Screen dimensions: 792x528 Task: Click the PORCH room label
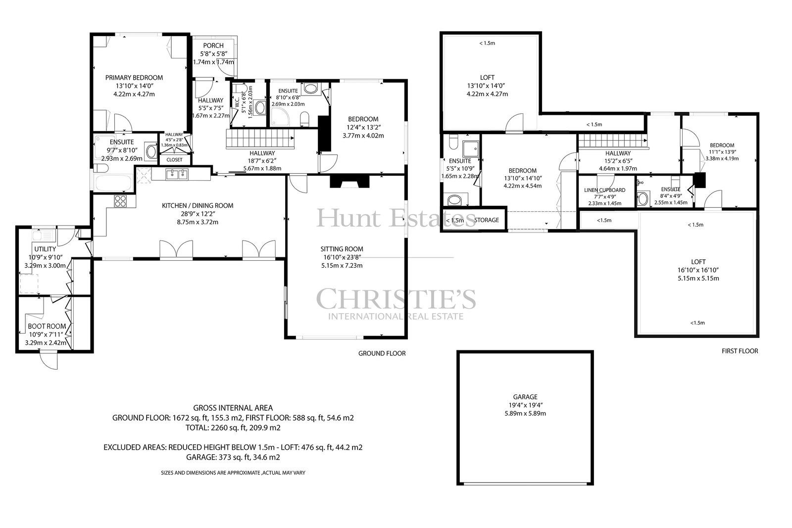tap(213, 46)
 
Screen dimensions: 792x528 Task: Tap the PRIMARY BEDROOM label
tap(134, 78)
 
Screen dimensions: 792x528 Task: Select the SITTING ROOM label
tap(342, 249)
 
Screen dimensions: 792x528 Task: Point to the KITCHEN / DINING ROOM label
tap(198, 206)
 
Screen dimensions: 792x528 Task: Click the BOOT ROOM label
tap(47, 326)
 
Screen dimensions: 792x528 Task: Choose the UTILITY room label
tap(45, 249)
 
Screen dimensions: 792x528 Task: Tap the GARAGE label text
tap(525, 397)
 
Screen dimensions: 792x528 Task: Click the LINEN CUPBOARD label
tap(604, 190)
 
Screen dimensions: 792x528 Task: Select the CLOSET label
tap(174, 160)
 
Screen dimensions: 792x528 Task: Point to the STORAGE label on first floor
tap(487, 220)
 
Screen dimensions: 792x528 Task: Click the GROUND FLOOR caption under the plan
tap(382, 353)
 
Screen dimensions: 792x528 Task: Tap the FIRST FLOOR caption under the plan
tap(740, 351)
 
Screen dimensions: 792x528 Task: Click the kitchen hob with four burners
tap(120, 201)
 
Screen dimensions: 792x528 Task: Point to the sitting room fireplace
tap(349, 181)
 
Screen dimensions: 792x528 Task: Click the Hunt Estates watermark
tap(396, 218)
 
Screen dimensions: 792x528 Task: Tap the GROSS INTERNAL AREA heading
tap(233, 408)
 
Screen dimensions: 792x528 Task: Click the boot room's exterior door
tap(49, 359)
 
